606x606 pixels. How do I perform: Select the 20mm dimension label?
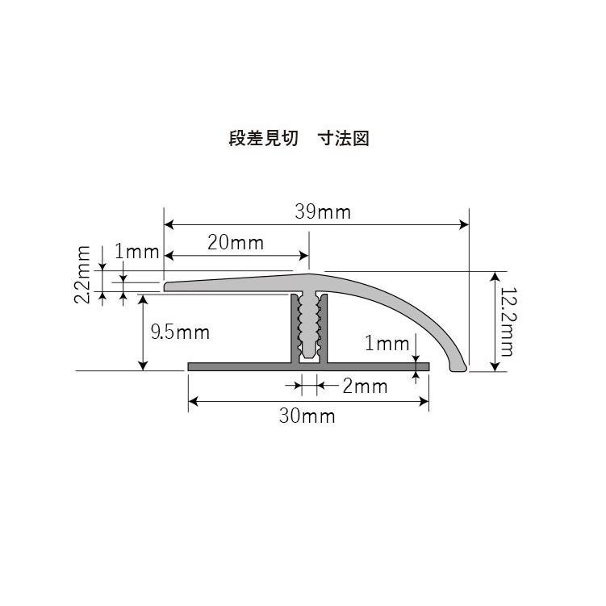[x=236, y=243]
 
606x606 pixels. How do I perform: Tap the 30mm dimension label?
[x=307, y=416]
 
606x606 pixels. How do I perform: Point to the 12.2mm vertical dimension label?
[x=506, y=322]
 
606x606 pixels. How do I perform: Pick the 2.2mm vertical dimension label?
[x=82, y=274]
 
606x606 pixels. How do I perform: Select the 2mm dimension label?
[x=365, y=387]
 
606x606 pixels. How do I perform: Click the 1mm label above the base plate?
[x=387, y=345]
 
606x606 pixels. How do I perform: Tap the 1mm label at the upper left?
[x=136, y=252]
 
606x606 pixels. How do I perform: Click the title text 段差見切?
[x=263, y=139]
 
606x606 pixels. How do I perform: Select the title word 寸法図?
[x=349, y=139]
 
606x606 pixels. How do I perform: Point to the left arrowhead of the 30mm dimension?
[x=193, y=400]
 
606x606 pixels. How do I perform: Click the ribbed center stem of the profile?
[x=310, y=327]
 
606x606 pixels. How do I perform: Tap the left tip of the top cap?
[x=167, y=286]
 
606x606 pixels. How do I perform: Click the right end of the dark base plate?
[x=427, y=367]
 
